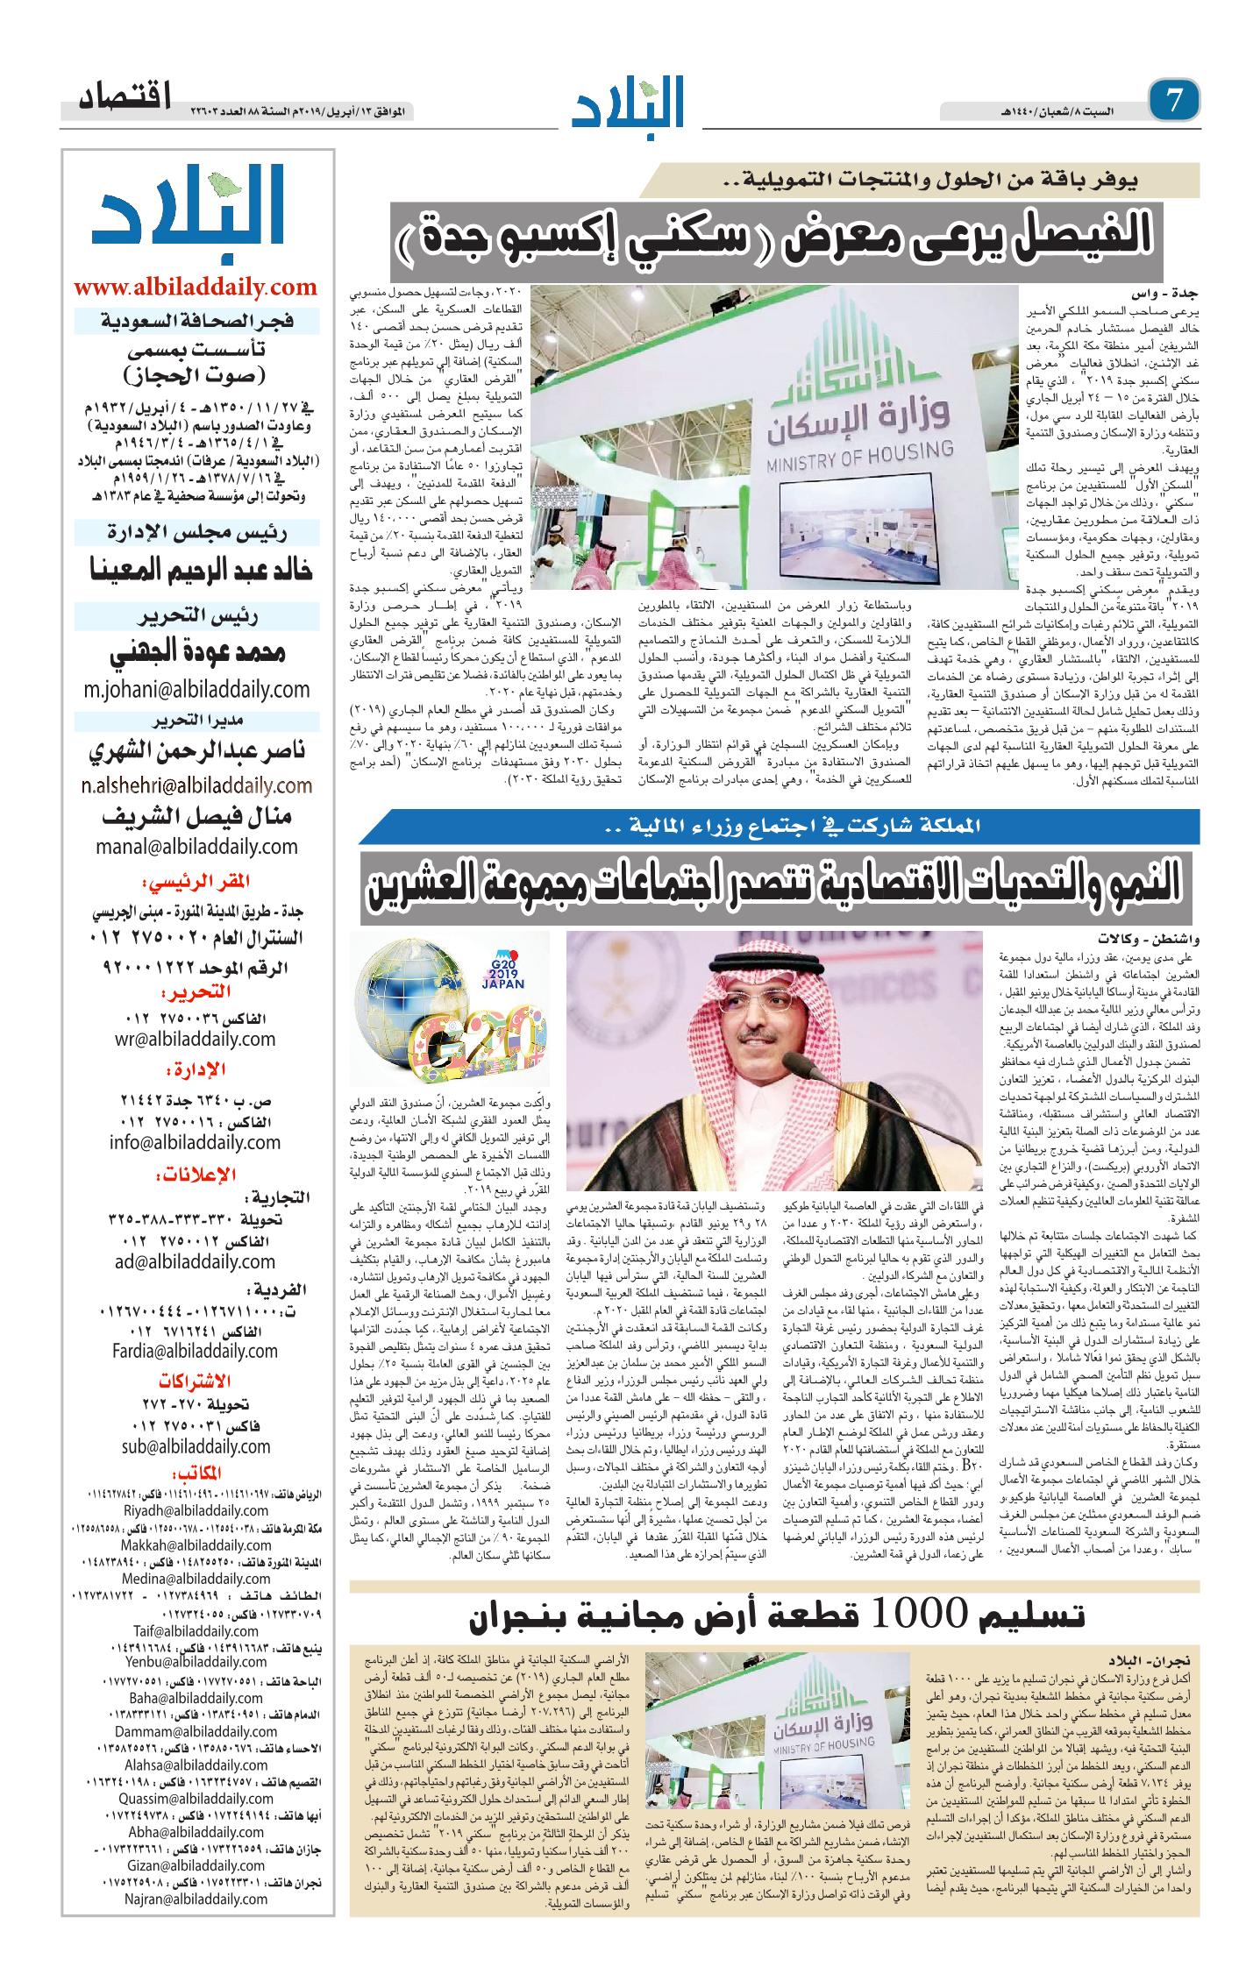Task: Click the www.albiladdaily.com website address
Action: (196, 288)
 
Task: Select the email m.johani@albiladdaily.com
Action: (196, 688)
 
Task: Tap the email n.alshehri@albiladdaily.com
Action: (196, 784)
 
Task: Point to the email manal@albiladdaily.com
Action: (196, 847)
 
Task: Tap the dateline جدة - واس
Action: (1157, 293)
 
